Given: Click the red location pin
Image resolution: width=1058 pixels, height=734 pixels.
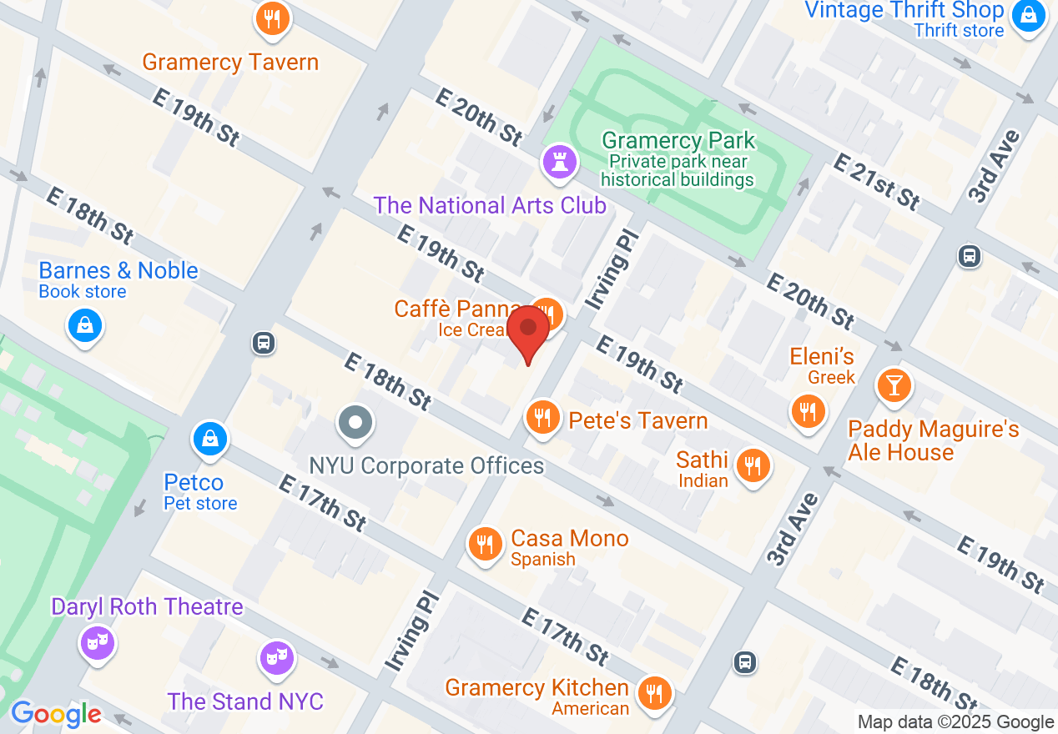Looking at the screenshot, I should [x=528, y=329].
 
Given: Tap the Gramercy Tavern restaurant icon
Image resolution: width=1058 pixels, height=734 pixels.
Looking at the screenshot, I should [x=272, y=18].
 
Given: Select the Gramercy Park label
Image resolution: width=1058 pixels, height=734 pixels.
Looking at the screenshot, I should [x=678, y=140].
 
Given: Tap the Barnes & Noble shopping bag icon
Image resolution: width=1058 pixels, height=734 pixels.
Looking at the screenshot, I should [x=85, y=325].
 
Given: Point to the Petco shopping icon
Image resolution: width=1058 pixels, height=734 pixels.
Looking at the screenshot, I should [x=209, y=437].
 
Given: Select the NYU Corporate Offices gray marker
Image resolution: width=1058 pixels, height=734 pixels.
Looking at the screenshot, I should [x=355, y=422].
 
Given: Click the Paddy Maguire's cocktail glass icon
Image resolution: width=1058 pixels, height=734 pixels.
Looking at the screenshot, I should [x=894, y=385].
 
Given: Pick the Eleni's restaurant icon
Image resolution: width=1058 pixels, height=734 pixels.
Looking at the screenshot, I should [x=808, y=411].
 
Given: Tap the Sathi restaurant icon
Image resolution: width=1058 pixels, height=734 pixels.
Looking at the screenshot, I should [x=753, y=465].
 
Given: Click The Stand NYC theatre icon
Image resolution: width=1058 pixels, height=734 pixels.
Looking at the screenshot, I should [x=274, y=656].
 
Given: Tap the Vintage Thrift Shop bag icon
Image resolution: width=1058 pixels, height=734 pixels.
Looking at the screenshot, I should [x=1029, y=16].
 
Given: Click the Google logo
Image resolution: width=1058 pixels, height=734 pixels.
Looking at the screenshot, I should [x=56, y=714].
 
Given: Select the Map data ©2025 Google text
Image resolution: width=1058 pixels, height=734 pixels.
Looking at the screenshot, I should [x=956, y=722].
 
